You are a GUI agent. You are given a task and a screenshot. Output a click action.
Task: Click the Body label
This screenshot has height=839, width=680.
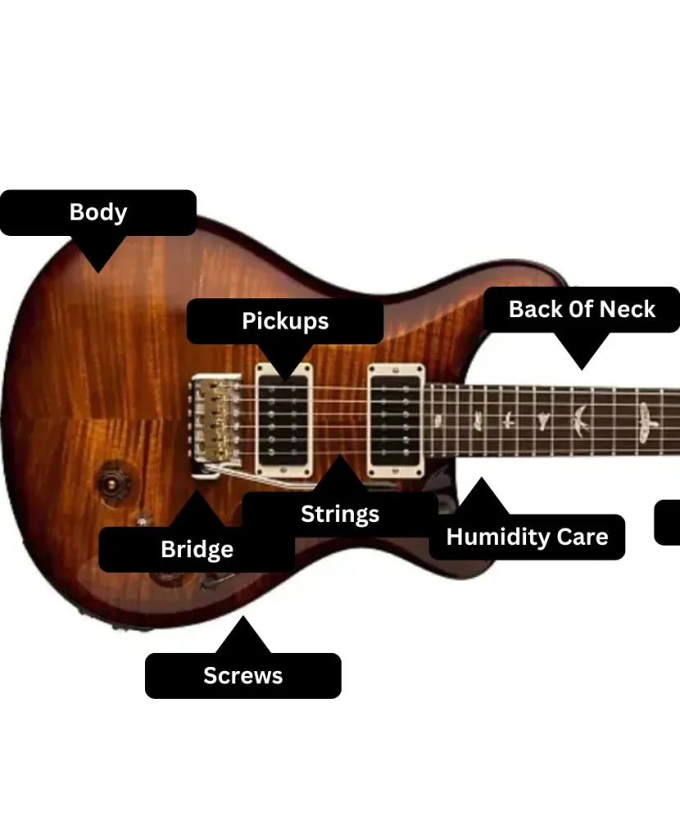(x=98, y=212)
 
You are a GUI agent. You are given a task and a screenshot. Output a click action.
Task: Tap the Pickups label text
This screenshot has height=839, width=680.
(x=285, y=321)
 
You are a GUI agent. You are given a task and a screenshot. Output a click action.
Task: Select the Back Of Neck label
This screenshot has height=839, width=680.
(x=582, y=310)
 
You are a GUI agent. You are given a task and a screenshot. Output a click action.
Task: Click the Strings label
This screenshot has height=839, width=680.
(x=340, y=515)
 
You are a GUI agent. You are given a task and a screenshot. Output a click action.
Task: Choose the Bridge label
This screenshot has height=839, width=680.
(x=197, y=549)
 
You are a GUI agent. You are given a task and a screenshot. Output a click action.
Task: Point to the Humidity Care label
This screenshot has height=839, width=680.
(x=527, y=537)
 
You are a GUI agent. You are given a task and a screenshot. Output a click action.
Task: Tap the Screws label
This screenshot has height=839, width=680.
(x=243, y=676)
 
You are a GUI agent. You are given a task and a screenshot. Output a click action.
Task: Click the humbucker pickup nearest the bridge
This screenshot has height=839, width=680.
(x=284, y=419)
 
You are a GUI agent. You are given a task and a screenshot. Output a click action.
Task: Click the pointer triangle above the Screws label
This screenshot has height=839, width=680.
(x=243, y=636)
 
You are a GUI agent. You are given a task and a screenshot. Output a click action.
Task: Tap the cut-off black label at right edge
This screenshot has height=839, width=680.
(x=668, y=522)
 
